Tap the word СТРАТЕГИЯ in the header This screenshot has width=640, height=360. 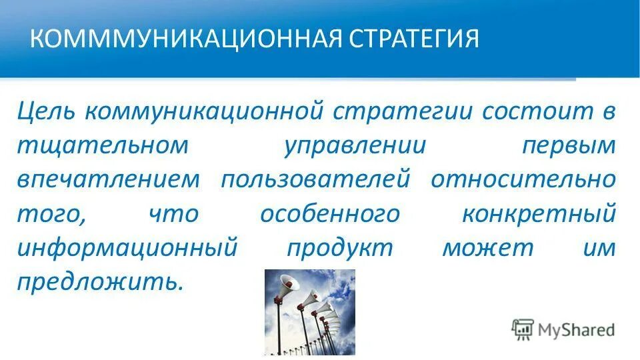[413, 38]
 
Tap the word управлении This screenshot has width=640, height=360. [355, 145]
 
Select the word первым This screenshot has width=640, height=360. [568, 145]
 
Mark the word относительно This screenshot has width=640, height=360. [523, 180]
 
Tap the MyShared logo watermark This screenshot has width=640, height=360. [563, 329]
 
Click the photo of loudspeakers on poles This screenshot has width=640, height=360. [310, 311]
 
